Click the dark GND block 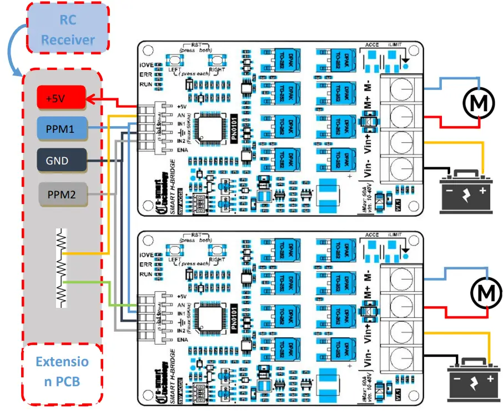(x=61, y=161)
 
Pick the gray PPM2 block (x=61, y=194)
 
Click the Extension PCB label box (x=62, y=372)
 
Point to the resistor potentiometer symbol (x=62, y=267)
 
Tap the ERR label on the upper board (x=147, y=76)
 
